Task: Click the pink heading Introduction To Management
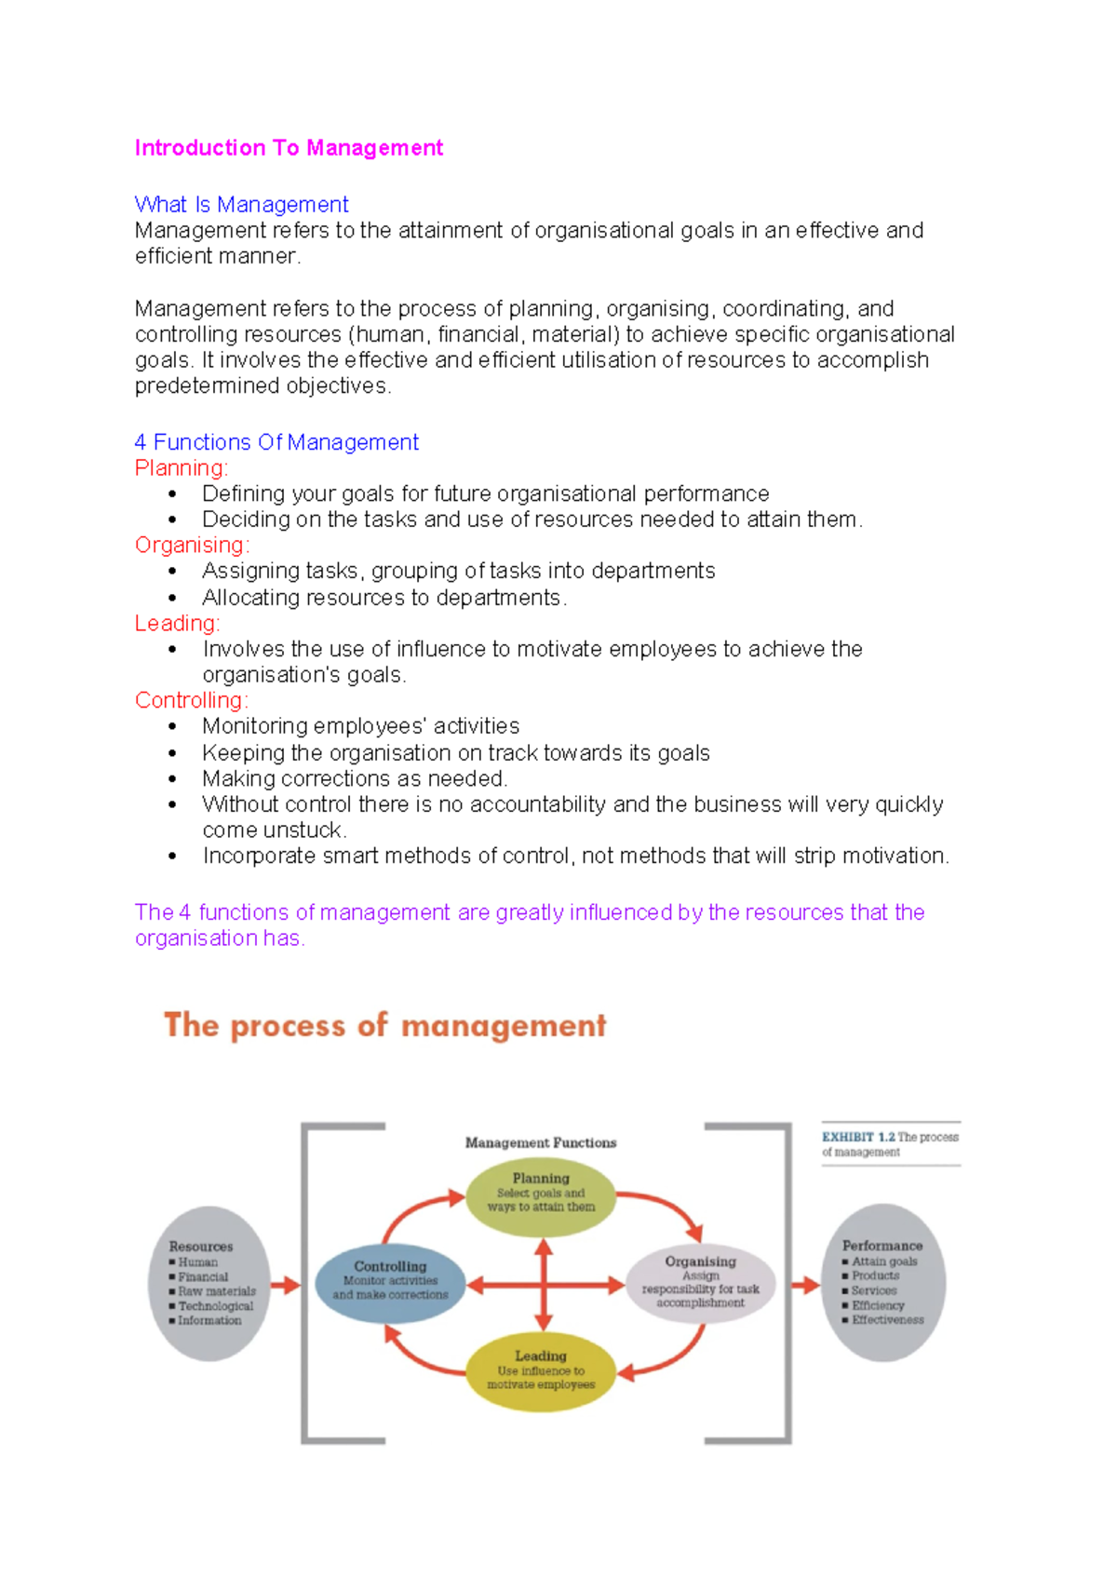[289, 148]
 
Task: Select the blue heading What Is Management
[241, 205]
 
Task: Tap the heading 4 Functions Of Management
[276, 442]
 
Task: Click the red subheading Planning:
[181, 468]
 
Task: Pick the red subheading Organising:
[192, 546]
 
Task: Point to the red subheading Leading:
[177, 624]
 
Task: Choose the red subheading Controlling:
[191, 701]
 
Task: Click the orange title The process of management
[384, 1026]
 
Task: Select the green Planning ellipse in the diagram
[541, 1195]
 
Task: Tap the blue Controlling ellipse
[390, 1283]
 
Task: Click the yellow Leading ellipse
[541, 1372]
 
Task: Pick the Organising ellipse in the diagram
[700, 1283]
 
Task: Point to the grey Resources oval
[209, 1284]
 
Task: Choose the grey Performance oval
[885, 1282]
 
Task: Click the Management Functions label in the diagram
[541, 1143]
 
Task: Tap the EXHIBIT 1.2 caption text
[889, 1144]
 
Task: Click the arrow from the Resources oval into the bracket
[286, 1286]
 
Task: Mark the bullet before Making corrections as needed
[172, 779]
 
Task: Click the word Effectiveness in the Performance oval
[888, 1320]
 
